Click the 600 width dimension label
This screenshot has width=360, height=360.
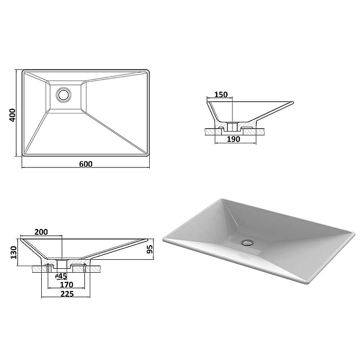[x=85, y=164]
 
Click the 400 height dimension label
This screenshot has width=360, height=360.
[x=12, y=115]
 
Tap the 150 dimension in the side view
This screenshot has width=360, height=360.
[x=221, y=95]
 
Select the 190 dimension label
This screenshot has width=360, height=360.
[x=233, y=139]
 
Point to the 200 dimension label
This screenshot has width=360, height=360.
[x=41, y=232]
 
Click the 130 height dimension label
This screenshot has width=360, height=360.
[x=14, y=252]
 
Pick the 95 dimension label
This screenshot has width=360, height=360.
[x=150, y=249]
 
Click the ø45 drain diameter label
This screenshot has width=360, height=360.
[x=61, y=276]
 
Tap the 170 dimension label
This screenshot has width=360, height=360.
[x=66, y=285]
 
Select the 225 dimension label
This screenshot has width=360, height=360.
[x=67, y=294]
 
